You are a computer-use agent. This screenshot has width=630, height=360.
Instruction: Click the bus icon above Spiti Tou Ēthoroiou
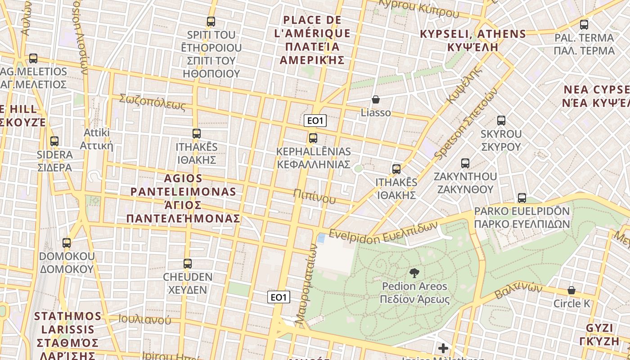pyautogui.click(x=211, y=21)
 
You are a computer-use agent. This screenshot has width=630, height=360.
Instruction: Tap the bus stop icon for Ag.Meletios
pyautogui.click(x=33, y=58)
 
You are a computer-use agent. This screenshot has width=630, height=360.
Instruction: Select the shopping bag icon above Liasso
pyautogui.click(x=376, y=99)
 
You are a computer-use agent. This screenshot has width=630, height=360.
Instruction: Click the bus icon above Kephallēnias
pyautogui.click(x=313, y=138)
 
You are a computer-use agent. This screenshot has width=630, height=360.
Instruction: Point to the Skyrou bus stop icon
pyautogui.click(x=501, y=120)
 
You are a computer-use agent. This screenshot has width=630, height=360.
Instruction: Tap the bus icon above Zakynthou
pyautogui.click(x=465, y=163)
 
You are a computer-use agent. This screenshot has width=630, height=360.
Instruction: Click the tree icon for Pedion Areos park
pyautogui.click(x=414, y=272)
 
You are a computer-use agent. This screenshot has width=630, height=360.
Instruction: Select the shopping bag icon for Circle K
pyautogui.click(x=571, y=290)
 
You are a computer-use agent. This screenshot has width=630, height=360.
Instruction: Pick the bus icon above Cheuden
pyautogui.click(x=188, y=263)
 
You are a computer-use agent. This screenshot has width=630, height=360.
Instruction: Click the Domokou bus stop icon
pyautogui.click(x=67, y=243)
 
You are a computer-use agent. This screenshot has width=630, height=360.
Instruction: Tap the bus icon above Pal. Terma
pyautogui.click(x=584, y=24)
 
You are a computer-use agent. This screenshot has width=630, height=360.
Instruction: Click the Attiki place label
pyautogui.click(x=97, y=139)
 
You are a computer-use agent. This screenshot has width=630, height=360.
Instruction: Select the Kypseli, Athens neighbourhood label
pyautogui.click(x=472, y=40)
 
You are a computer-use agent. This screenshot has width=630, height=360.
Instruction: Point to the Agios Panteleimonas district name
pyautogui.click(x=183, y=198)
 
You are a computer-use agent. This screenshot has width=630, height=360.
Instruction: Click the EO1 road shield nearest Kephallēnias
pyautogui.click(x=315, y=121)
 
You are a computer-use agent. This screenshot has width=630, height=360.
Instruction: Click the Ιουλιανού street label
pyautogui.click(x=144, y=319)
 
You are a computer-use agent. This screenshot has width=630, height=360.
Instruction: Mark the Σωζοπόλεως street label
pyautogui.click(x=152, y=102)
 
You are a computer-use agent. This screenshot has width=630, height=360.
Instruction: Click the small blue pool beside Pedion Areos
pyautogui.click(x=321, y=238)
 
